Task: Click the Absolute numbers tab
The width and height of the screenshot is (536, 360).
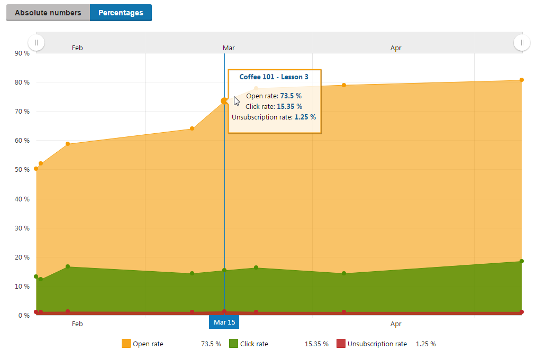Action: [x=48, y=13]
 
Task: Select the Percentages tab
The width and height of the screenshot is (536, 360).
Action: [x=121, y=13]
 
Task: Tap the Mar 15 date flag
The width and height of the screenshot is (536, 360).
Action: [x=224, y=322]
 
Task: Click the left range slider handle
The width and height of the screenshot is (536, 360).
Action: [x=36, y=42]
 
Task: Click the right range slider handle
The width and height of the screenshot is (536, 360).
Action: [x=522, y=42]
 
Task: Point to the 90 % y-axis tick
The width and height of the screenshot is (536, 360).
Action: [x=22, y=53]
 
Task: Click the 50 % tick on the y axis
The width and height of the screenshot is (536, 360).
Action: [x=22, y=170]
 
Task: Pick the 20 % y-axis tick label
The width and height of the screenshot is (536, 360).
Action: [x=22, y=257]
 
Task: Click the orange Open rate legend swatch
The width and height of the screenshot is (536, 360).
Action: [x=126, y=344]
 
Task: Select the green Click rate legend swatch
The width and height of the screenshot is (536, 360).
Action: [x=233, y=344]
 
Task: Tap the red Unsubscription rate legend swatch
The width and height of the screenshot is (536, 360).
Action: [x=341, y=344]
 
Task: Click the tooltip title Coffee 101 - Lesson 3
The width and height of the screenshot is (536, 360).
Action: [x=274, y=77]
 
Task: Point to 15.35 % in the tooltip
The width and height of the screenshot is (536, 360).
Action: [x=289, y=107]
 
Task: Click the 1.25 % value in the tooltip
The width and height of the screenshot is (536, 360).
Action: [x=305, y=117]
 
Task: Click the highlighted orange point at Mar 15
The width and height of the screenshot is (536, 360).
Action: [x=224, y=100]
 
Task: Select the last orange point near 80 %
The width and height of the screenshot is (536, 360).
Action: [x=521, y=80]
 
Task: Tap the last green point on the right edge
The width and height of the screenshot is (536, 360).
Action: [x=521, y=261]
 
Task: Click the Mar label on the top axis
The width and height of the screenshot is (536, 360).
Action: [x=229, y=48]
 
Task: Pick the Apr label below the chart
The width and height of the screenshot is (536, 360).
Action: [x=396, y=324]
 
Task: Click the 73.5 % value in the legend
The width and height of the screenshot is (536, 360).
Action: [x=211, y=344]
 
